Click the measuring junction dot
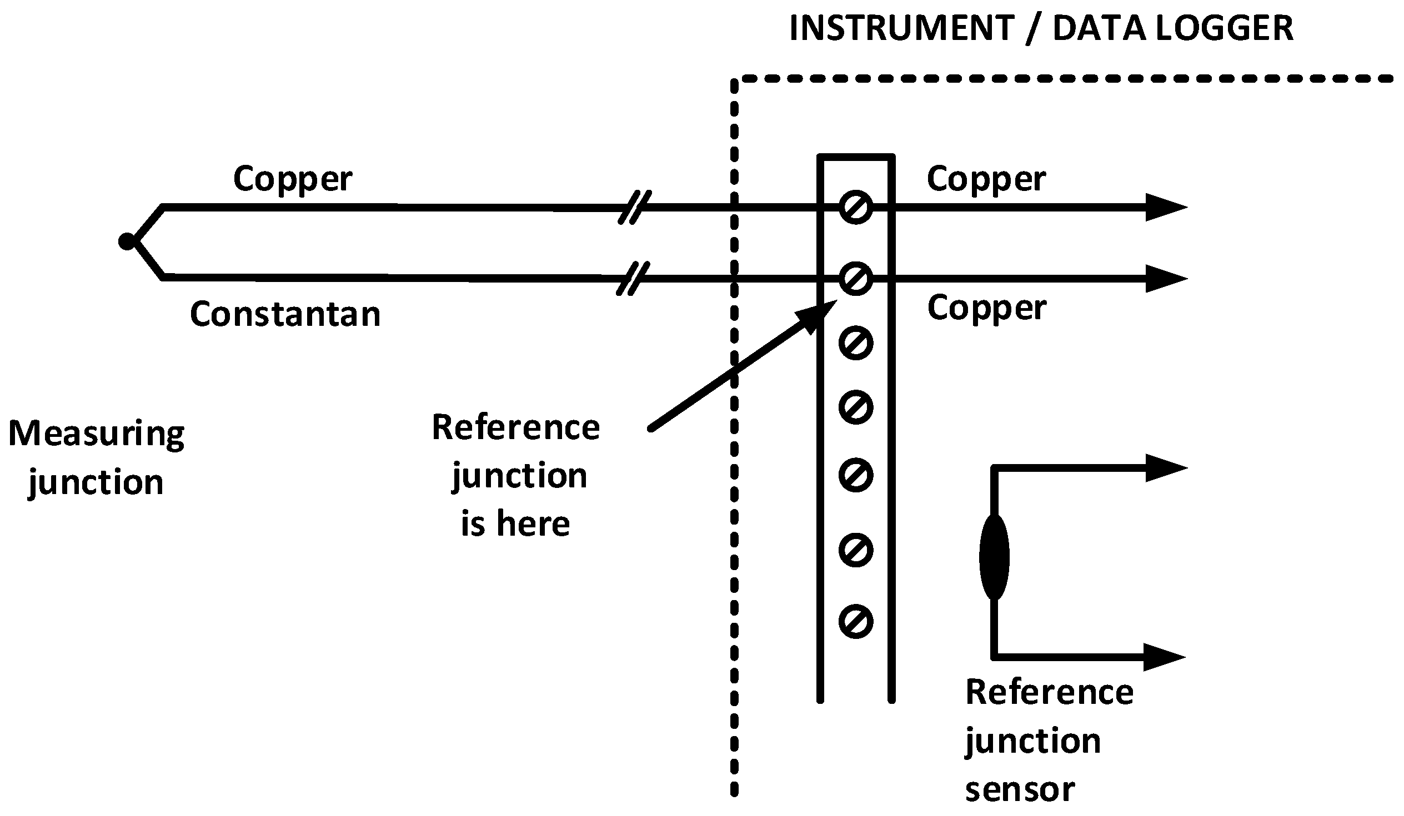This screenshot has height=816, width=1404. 127,241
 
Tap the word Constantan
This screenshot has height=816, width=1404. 285,314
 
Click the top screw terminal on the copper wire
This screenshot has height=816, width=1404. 855,208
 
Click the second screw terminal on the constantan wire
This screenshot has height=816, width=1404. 855,278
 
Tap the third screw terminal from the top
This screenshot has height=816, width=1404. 855,344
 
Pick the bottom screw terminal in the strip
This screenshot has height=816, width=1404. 855,621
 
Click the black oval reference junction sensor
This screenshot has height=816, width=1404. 994,557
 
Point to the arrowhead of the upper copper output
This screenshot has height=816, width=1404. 1165,208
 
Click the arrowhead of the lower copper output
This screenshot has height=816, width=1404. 1165,278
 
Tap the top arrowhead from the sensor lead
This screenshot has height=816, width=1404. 1165,468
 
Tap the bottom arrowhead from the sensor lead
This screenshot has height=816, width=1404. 1164,657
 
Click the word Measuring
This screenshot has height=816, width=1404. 97,434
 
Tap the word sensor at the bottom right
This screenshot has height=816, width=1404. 1020,790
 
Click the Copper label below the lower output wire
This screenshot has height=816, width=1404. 987,308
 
